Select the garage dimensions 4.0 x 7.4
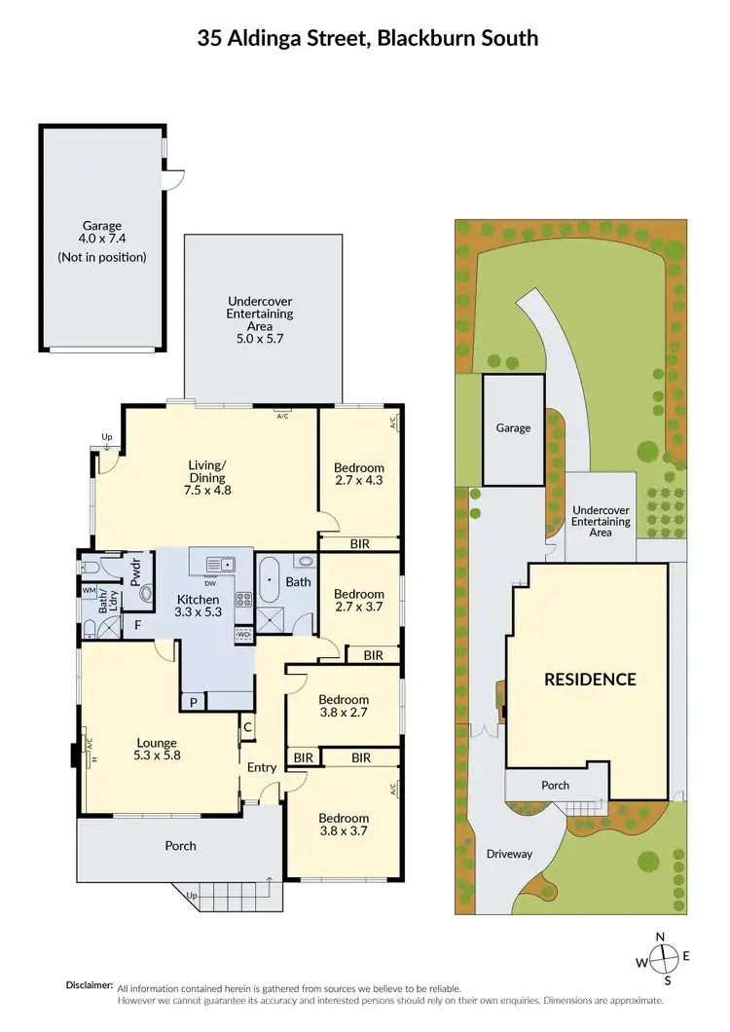pos(102,239)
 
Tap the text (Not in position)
pos(102,257)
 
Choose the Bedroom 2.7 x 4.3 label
pos(359,474)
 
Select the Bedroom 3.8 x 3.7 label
pos(344,825)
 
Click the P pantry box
pos(194,702)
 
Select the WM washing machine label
pos(89,590)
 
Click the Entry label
pos(262,767)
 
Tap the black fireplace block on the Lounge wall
pos(75,756)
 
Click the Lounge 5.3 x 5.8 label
pos(157,749)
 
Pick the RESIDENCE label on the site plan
pos(590,680)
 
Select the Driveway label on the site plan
pos(509,854)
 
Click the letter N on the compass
pos(660,937)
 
